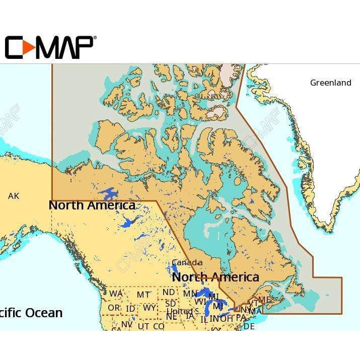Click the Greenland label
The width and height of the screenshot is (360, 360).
(330, 83)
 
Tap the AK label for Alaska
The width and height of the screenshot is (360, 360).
(14, 196)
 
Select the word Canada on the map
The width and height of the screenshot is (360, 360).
(187, 262)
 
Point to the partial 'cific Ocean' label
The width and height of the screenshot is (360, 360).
(31, 313)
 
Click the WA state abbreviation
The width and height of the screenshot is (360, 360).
(116, 294)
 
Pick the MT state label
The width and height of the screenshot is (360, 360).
(143, 295)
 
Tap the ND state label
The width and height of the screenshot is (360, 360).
(169, 292)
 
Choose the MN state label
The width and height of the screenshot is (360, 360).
(190, 294)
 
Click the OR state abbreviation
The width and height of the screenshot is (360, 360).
(114, 308)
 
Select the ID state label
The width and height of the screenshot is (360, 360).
(130, 308)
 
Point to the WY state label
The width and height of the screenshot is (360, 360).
(150, 308)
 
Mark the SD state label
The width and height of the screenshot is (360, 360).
(171, 304)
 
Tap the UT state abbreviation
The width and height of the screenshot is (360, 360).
(143, 326)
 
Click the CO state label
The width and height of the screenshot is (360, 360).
(159, 326)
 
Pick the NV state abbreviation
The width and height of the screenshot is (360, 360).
(126, 325)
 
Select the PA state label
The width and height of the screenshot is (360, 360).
(241, 318)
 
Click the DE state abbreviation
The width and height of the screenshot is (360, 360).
(249, 326)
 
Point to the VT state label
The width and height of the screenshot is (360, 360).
(254, 303)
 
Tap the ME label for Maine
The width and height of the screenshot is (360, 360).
(264, 300)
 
